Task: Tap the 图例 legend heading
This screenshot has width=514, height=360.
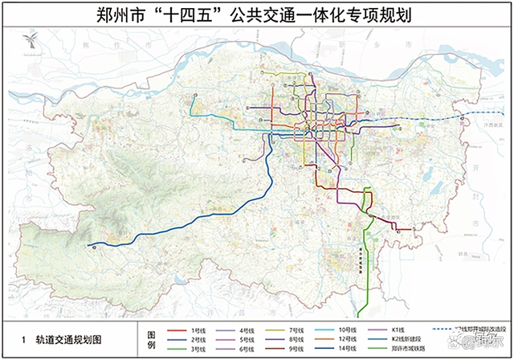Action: [x=151, y=337]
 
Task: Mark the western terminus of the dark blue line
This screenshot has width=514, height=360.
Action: [x=88, y=244]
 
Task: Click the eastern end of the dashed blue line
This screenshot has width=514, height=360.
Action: [x=472, y=116]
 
